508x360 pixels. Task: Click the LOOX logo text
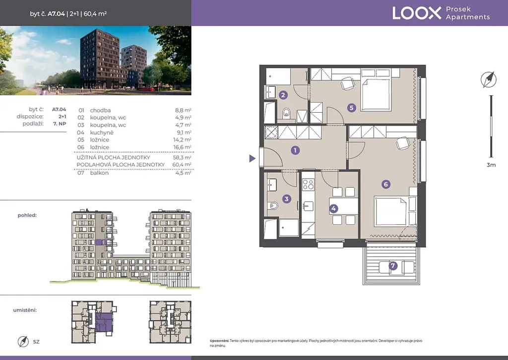[417, 13]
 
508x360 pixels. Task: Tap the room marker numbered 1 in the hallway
[295, 150]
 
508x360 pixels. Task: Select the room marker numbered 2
[283, 95]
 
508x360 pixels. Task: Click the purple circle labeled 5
[352, 108]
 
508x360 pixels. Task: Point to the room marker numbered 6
[385, 184]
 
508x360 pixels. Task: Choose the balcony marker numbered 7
[393, 266]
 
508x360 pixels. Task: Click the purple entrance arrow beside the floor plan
[253, 158]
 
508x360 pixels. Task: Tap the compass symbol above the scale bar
[488, 79]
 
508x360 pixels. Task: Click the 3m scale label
[491, 165]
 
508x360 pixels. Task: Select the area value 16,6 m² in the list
[182, 147]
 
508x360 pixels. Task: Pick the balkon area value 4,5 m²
[183, 173]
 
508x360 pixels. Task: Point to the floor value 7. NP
[60, 124]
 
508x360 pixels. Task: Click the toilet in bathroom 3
[273, 205]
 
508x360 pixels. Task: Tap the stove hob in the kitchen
[308, 185]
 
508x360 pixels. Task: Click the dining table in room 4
[343, 206]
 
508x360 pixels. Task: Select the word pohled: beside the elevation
[27, 216]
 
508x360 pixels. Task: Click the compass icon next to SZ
[23, 342]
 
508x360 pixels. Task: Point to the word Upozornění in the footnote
[219, 341]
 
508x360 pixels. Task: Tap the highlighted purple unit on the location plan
[104, 322]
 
